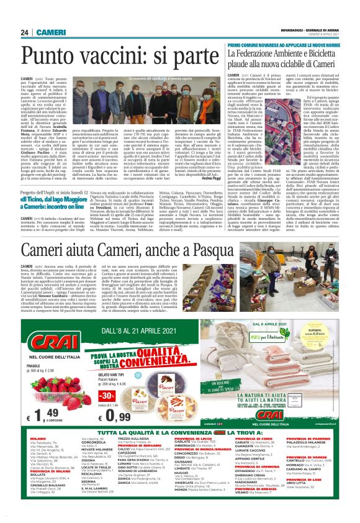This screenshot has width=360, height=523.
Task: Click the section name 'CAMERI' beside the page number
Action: click(47, 32)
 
